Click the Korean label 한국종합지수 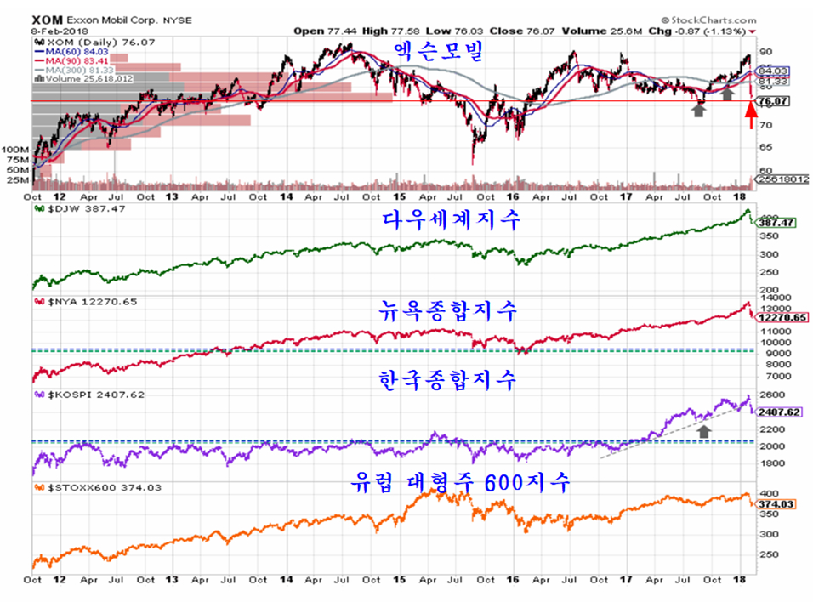pyautogui.click(x=446, y=380)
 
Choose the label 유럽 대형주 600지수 pyautogui.click(x=460, y=482)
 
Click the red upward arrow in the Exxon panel pyautogui.click(x=751, y=113)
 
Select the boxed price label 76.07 pyautogui.click(x=770, y=101)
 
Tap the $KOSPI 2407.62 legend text pyautogui.click(x=77, y=394)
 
